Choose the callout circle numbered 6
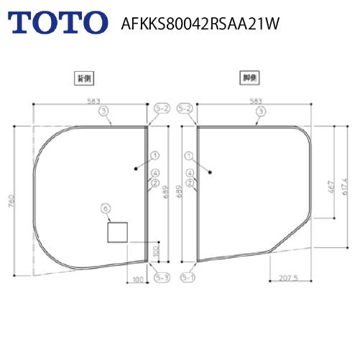tap(106, 208)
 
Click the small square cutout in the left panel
tap(117, 232)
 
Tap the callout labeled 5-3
tap(162, 277)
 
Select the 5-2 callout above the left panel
tap(162, 109)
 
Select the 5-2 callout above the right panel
tap(185, 109)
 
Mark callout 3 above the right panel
tap(260, 111)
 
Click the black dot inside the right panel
tap(208, 172)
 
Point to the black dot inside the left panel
tap(135, 170)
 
